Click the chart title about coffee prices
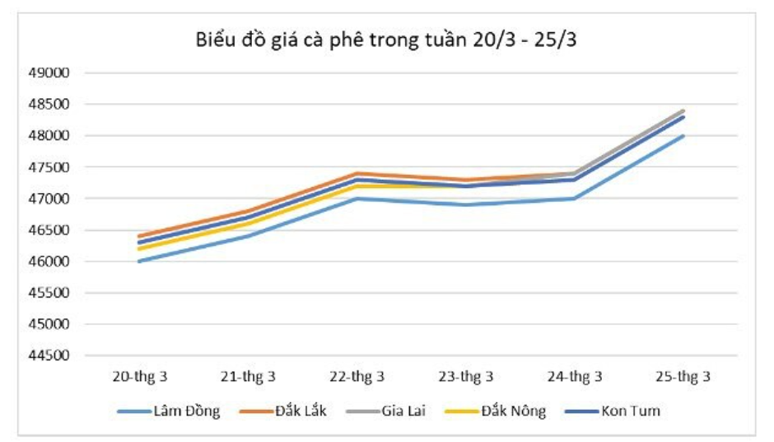pos(386,40)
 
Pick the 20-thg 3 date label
pos(139,377)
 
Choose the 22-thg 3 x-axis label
pos(357,377)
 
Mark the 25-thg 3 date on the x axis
pos(683,377)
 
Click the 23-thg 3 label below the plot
pos(466,377)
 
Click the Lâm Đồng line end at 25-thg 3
pos(683,136)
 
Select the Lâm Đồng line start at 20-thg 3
pos(139,261)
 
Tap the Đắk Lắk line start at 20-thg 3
pos(139,237)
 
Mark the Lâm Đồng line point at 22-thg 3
pos(357,199)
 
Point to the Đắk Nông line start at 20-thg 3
pos(139,249)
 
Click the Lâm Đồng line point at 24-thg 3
pos(575,199)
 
